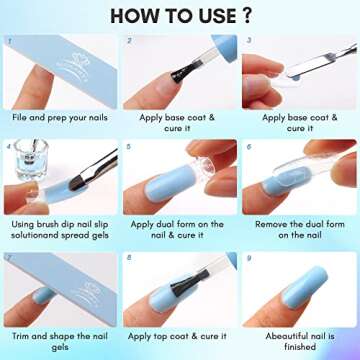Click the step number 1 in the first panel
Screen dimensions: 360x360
(10, 42)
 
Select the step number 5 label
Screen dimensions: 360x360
(129, 146)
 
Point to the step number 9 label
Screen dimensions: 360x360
(247, 258)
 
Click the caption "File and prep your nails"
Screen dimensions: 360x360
(59, 117)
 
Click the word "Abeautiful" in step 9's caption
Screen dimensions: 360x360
(278, 337)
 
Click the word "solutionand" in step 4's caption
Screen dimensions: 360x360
(35, 238)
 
